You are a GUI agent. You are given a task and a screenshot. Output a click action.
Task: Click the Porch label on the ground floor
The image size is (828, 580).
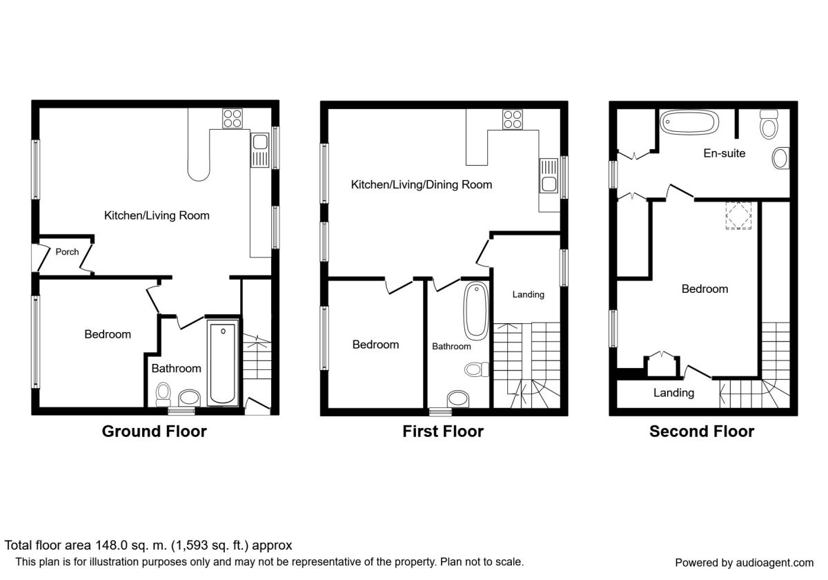click(x=67, y=252)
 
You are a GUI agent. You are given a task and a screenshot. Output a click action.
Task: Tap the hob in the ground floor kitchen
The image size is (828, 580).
click(x=233, y=118)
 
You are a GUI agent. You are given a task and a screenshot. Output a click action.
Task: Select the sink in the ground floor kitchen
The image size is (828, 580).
click(x=260, y=150)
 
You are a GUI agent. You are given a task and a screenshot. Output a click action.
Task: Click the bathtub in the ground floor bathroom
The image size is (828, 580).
click(x=223, y=362)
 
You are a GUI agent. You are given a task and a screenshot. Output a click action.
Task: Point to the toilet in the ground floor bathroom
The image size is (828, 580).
click(x=163, y=395)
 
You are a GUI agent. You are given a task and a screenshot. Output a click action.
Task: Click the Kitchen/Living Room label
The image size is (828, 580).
click(x=157, y=215)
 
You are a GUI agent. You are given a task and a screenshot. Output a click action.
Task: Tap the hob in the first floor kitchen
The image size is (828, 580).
click(x=512, y=119)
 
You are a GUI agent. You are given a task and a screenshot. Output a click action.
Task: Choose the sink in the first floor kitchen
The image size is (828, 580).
click(x=549, y=175)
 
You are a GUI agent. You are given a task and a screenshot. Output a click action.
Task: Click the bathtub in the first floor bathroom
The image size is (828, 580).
click(x=476, y=311)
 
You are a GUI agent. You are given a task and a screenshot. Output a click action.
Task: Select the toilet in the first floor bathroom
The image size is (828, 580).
click(x=477, y=369)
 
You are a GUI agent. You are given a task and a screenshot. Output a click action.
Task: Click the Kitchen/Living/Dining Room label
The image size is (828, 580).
click(x=422, y=184)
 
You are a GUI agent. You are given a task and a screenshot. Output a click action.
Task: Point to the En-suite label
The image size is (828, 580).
click(x=724, y=153)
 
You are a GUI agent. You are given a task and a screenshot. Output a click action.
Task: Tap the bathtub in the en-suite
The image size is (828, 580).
click(x=689, y=122)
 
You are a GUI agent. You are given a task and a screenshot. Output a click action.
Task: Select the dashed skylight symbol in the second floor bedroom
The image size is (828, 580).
click(x=738, y=215)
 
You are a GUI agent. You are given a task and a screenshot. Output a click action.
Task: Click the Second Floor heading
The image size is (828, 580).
click(x=702, y=432)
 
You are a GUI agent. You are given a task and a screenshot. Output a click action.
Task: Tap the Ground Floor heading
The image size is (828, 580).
click(x=154, y=432)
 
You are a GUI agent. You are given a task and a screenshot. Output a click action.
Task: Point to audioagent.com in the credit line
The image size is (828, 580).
click(x=775, y=563)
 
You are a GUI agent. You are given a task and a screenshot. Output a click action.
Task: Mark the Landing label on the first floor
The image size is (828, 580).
click(x=529, y=294)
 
